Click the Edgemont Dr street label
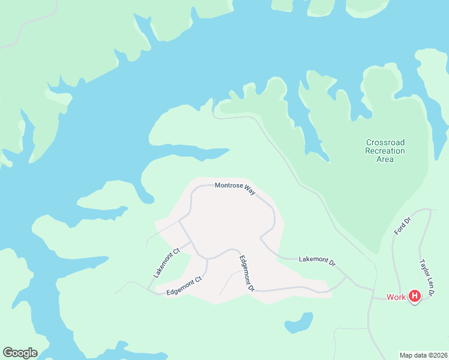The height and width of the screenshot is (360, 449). tap(247, 274)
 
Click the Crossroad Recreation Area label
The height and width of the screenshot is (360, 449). tap(385, 151)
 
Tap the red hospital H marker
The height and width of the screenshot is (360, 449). tap(414, 296)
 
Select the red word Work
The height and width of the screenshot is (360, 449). tap(396, 296)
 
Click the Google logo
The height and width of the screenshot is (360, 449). tap(20, 353)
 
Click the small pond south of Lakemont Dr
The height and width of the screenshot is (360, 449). tap(300, 322)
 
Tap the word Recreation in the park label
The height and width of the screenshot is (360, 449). tap(385, 151)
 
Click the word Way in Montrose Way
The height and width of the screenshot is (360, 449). tap(250, 190)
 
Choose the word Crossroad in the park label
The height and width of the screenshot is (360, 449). tap(385, 142)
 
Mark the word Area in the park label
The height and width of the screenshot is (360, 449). tap(385, 159)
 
